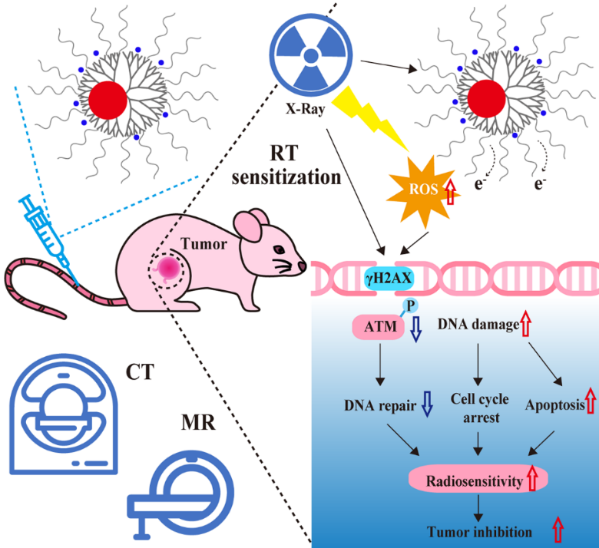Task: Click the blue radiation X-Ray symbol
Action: (311, 56)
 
